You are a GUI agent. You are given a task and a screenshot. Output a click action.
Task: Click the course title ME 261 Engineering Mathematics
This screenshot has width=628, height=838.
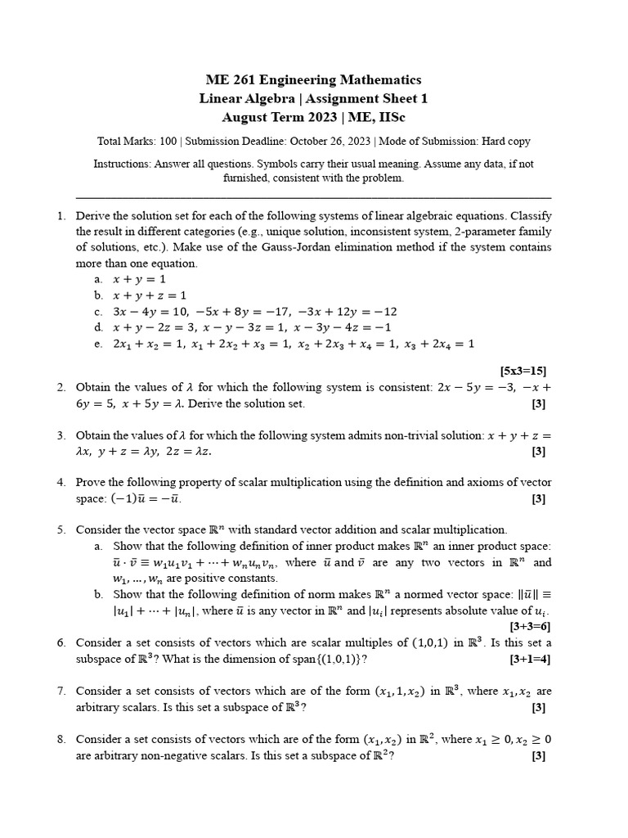point(313,79)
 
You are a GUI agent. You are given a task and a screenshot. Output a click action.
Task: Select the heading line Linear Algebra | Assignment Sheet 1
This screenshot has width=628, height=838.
point(313,98)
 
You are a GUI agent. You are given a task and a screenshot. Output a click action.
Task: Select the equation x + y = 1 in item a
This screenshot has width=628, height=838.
point(141,279)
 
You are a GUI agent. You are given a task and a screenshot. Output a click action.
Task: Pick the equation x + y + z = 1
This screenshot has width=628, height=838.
point(150,295)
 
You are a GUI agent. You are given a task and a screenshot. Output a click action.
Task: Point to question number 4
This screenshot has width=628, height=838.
point(61,483)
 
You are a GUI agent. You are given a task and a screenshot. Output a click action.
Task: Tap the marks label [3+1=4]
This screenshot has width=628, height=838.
point(529,658)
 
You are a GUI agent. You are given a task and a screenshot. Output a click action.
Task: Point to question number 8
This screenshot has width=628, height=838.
point(61,739)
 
